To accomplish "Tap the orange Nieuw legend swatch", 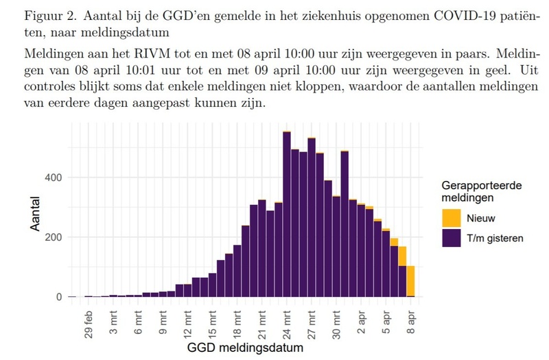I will (451, 218).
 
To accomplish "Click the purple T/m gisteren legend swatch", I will (451, 237).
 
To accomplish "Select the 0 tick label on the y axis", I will (60, 297).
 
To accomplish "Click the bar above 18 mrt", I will (237, 271).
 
